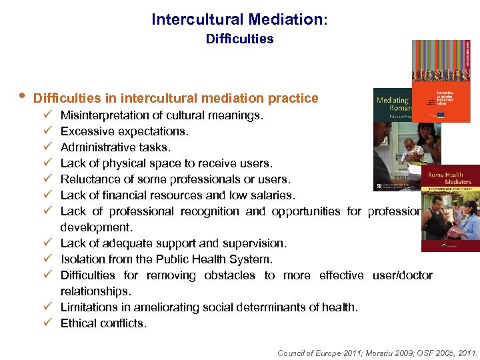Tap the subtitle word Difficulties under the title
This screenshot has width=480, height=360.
239,39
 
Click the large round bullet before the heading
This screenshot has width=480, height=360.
21,98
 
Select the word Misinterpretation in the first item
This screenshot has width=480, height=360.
101,115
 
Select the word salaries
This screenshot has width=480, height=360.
272,195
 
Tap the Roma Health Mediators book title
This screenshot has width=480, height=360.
450,177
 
